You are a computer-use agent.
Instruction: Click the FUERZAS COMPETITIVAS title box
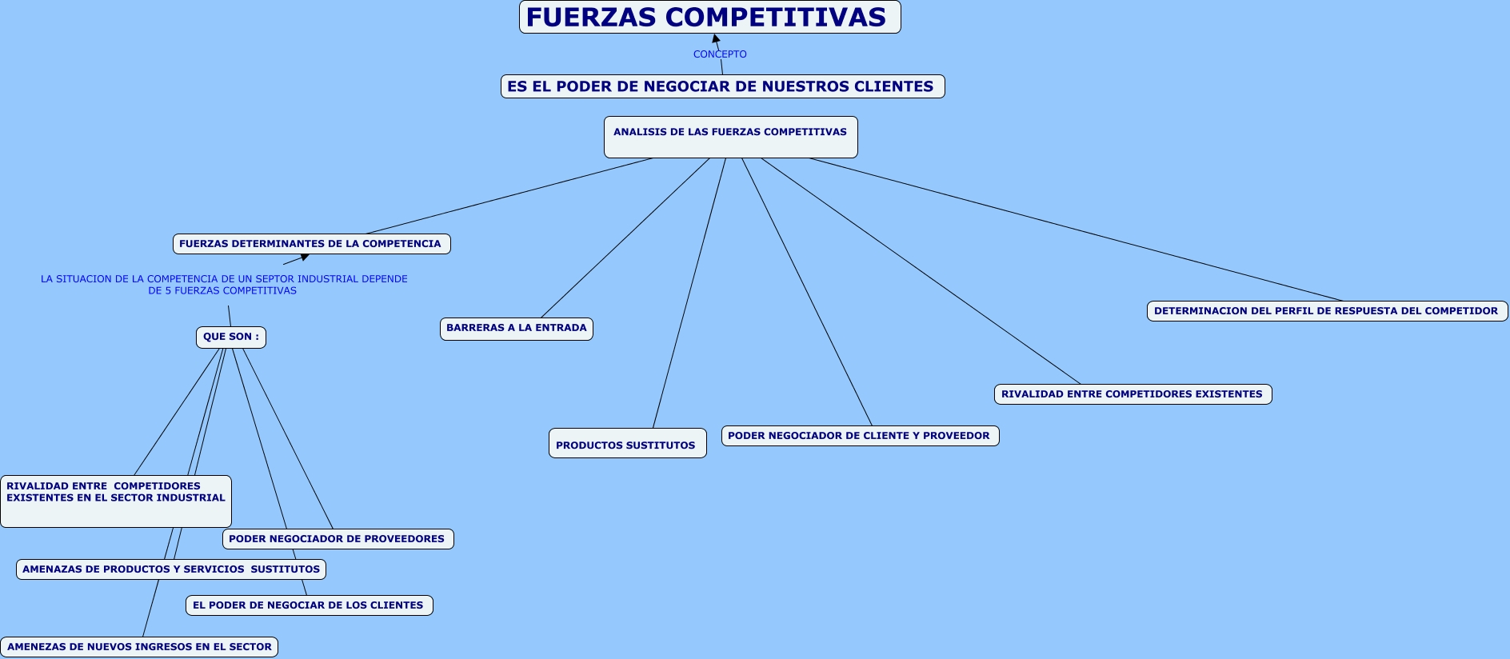[x=709, y=17]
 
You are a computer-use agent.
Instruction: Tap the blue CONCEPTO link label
[x=720, y=54]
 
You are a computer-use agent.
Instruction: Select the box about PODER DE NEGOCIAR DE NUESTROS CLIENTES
[x=722, y=86]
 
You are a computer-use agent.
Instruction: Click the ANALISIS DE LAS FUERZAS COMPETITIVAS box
[x=730, y=137]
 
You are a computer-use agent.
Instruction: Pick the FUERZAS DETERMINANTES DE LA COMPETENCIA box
[x=311, y=244]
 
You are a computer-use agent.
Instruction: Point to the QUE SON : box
[x=230, y=337]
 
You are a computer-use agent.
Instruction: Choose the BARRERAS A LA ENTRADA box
[x=516, y=328]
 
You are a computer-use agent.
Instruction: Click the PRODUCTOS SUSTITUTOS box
[x=627, y=444]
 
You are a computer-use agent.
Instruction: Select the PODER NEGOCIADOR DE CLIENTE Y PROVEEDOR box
[x=860, y=436]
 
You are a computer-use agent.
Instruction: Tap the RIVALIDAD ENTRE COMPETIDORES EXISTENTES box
[x=1132, y=394]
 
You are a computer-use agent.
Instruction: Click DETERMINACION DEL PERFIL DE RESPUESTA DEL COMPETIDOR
[x=1327, y=311]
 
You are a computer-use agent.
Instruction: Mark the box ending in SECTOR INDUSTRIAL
[x=116, y=501]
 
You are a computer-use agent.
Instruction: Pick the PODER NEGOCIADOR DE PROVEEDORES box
[x=338, y=539]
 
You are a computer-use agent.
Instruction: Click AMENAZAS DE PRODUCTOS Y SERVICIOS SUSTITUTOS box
[x=171, y=569]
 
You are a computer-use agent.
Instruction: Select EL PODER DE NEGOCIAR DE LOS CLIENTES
[x=309, y=605]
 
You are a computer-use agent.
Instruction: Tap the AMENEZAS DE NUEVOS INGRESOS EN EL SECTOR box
[x=139, y=647]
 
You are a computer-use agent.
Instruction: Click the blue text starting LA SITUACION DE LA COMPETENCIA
[x=224, y=285]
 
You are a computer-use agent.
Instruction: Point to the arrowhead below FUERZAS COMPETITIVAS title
[x=716, y=38]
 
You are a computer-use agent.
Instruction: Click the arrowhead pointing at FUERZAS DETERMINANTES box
[x=304, y=257]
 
